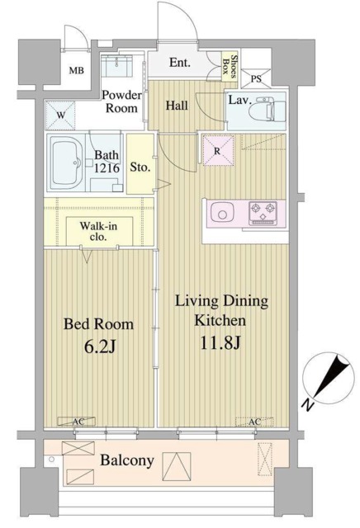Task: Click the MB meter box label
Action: pos(77,71)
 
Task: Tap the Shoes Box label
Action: pos(230,66)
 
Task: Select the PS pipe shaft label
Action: pos(256,79)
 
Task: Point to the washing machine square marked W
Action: pos(60,115)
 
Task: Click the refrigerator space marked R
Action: pos(218,150)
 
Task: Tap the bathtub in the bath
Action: pos(67,163)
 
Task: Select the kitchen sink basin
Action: pos(223,213)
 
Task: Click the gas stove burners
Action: pos(263,213)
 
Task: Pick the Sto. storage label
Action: pos(140,167)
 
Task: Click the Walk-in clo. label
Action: pos(98,231)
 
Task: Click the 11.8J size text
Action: pos(220,343)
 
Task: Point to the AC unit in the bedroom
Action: pos(77,422)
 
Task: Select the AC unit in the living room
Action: pos(254,422)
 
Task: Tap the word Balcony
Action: pos(127,460)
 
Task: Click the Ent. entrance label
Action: pos(180,63)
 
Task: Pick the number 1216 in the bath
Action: pos(107,167)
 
